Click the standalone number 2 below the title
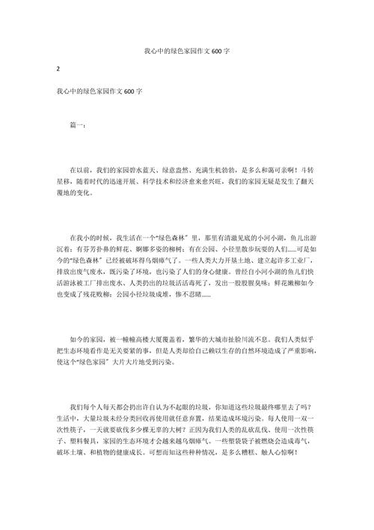click(58, 70)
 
